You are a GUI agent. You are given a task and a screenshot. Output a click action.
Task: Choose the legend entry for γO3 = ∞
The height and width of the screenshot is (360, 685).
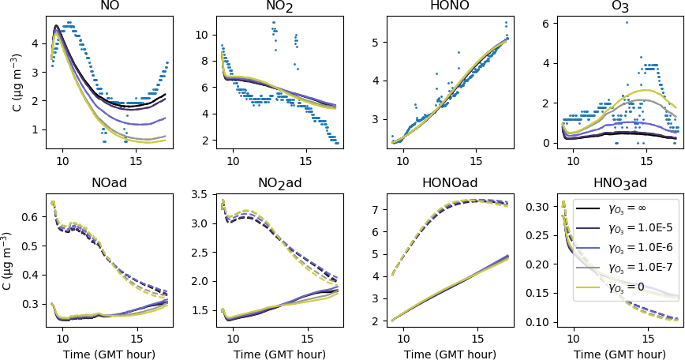[x=623, y=208]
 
